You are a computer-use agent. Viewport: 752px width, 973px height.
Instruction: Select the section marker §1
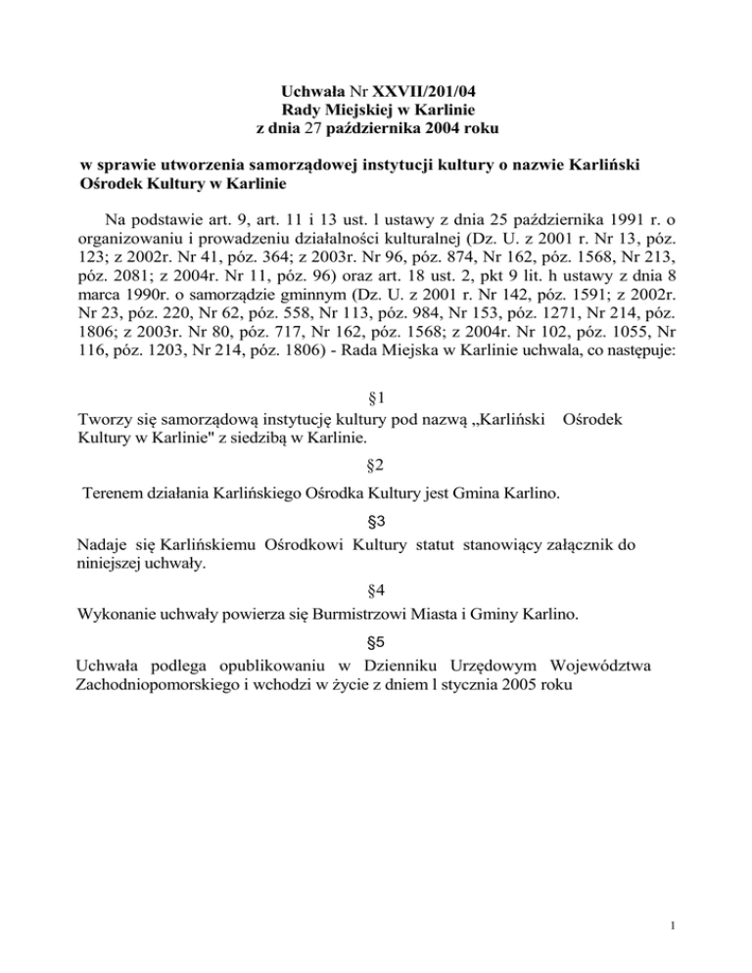point(376,397)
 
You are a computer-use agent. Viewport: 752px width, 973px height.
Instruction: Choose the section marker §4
point(376,590)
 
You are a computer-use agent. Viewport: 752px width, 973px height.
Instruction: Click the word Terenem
point(113,494)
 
